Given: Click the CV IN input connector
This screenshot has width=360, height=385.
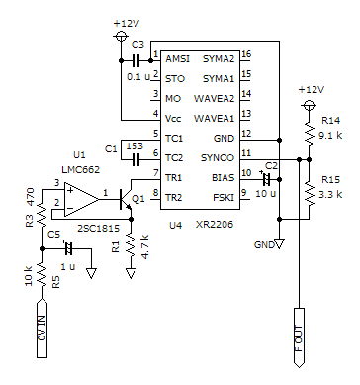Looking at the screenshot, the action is point(42,328).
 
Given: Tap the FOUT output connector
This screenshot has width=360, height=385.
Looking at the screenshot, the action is point(299,337).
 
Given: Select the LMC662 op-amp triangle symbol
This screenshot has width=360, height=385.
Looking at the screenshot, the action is point(81,200).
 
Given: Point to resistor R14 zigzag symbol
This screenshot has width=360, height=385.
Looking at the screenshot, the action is point(309,134).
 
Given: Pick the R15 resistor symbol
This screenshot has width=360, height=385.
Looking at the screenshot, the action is point(309,193).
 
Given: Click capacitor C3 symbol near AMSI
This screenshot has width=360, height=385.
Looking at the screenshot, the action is point(135,60).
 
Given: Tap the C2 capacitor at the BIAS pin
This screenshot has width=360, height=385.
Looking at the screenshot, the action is point(266,179).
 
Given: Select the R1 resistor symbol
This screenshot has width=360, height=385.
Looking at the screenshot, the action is point(131,245).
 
